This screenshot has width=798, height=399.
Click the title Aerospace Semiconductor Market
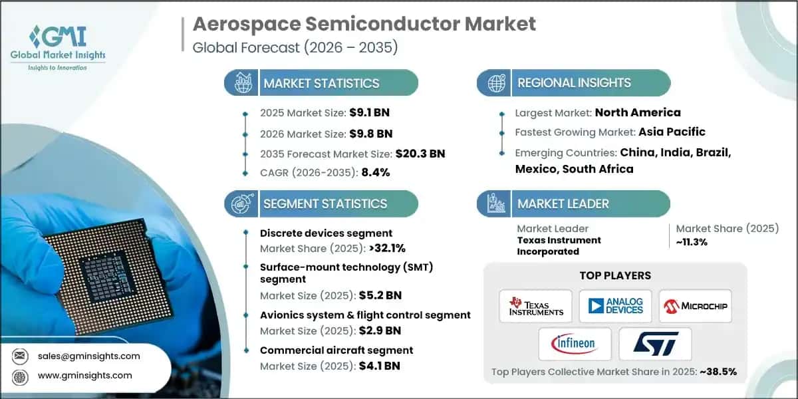click(x=364, y=25)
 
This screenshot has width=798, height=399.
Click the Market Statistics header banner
click(x=321, y=83)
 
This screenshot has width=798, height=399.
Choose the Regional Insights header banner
click(x=574, y=83)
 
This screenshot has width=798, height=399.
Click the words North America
click(x=638, y=112)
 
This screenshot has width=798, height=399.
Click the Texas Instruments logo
click(x=535, y=307)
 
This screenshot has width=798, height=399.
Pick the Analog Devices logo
click(x=615, y=307)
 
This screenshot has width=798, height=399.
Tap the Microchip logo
click(x=695, y=307)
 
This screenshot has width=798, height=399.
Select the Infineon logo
click(x=575, y=344)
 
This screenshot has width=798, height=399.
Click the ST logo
click(x=655, y=344)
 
